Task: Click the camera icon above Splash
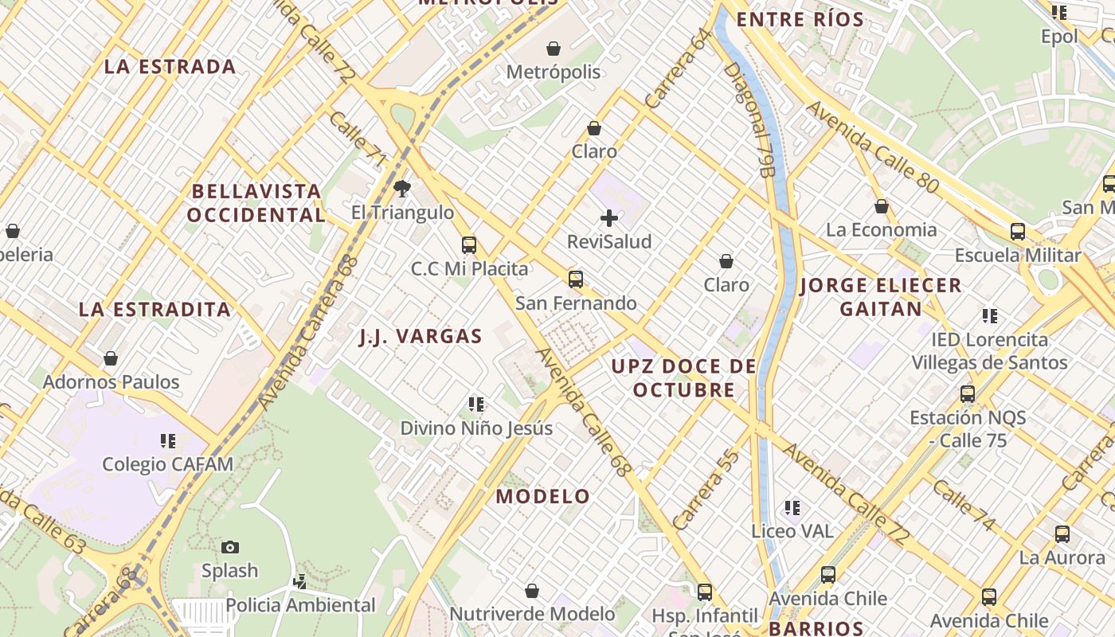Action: [x=230, y=547]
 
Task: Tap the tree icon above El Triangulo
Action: [x=402, y=189]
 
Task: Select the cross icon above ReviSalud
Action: [x=609, y=218]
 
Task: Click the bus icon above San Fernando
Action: [x=576, y=279]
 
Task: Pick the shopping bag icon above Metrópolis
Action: [x=554, y=49]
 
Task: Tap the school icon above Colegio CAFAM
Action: [x=167, y=440]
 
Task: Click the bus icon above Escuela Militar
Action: [x=1018, y=232]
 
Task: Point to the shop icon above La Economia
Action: [x=882, y=206]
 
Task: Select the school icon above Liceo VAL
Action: [x=792, y=507]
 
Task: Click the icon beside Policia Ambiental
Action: [x=299, y=582]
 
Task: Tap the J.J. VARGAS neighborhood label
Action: [x=421, y=337]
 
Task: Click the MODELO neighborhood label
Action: [x=543, y=497]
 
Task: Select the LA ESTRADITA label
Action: [x=155, y=310]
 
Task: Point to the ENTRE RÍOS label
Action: [x=800, y=20]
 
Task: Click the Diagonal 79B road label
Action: [x=749, y=119]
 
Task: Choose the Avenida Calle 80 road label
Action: [x=873, y=147]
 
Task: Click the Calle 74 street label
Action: [x=964, y=505]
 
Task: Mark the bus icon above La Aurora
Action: [x=1062, y=534]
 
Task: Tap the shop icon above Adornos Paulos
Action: [x=111, y=358]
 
